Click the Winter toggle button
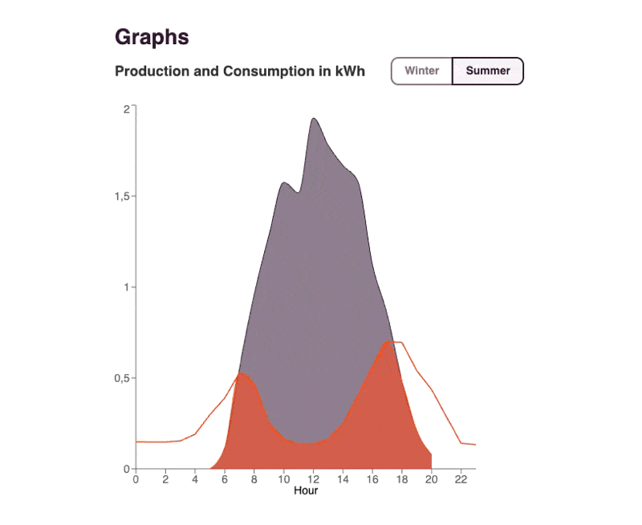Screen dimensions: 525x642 tap(421, 71)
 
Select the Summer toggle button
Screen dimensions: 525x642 tap(488, 71)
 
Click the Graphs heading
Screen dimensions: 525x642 tap(152, 37)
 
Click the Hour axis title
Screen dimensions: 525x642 tap(306, 490)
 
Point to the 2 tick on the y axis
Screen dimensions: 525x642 tap(126, 108)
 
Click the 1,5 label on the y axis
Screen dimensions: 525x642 tap(122, 197)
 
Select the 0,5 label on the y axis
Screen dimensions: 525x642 tap(122, 378)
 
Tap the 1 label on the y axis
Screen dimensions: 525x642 tap(126, 287)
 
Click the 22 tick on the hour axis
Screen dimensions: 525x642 tap(461, 480)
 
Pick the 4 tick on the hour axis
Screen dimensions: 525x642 tap(195, 480)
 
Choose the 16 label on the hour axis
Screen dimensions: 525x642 tap(372, 480)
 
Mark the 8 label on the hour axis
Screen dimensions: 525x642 tap(254, 480)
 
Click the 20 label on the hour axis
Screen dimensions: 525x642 tap(431, 480)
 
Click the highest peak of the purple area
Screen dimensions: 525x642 tap(313, 119)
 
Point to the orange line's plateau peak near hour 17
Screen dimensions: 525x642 tap(393, 342)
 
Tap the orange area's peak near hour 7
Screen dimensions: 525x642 tap(241, 373)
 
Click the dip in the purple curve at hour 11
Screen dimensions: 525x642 tap(299, 192)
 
